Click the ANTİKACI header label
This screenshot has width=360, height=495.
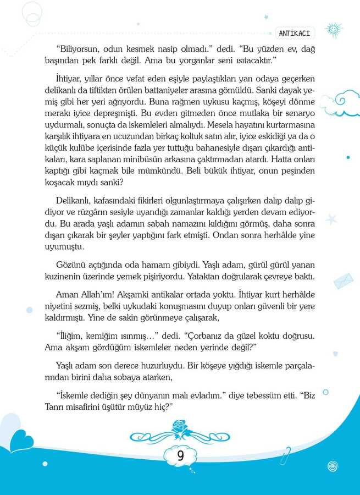(295, 33)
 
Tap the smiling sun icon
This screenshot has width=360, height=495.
(333, 29)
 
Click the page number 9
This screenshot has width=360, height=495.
(180, 455)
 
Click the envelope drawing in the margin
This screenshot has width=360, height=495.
(343, 280)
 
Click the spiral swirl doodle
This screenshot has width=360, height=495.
(331, 466)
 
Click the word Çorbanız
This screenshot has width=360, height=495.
(203, 335)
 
